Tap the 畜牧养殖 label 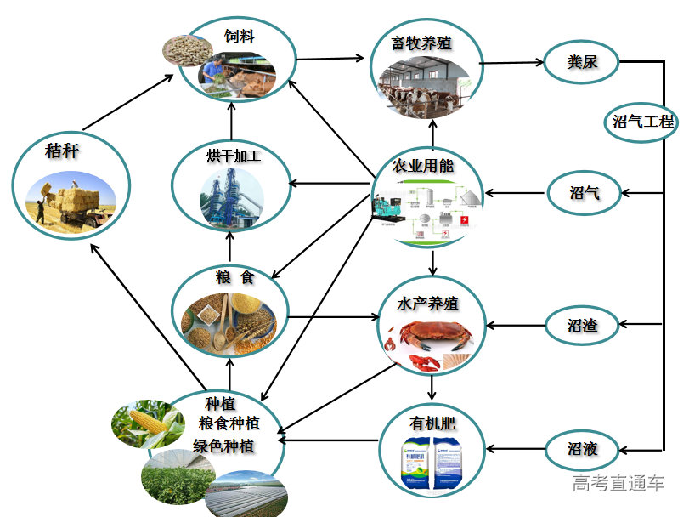422,43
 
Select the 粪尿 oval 582,62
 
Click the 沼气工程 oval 643,122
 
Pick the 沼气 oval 584,193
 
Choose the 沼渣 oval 582,325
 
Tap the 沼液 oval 582,448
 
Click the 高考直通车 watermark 618,484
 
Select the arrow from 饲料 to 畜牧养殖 333,59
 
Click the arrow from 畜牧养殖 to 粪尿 511,62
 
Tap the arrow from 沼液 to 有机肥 516,449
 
